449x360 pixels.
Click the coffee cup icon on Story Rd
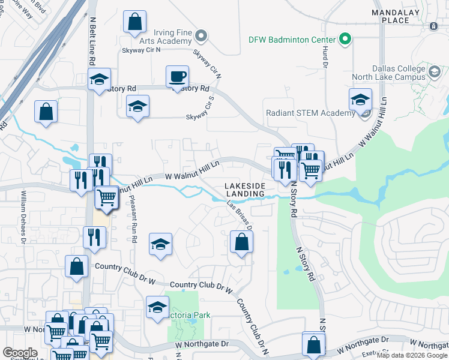tap(177, 77)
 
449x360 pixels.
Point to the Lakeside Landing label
tap(244, 190)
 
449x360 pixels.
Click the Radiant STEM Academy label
tap(311, 113)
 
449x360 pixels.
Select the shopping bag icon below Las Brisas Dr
tap(241, 242)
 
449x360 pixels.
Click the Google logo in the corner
tap(20, 353)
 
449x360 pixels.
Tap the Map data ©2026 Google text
tap(412, 355)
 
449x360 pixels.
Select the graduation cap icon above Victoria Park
tap(160, 244)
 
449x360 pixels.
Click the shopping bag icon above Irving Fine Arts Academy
tap(135, 22)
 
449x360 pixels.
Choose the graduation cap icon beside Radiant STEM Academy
tap(360, 100)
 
